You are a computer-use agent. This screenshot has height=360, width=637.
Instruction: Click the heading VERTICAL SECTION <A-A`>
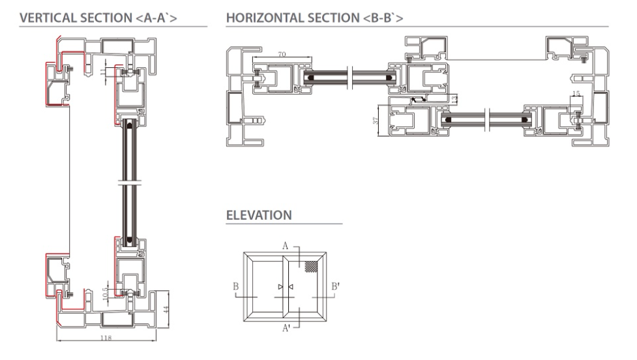(x=98, y=18)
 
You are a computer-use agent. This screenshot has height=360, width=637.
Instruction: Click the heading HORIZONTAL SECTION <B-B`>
(x=315, y=18)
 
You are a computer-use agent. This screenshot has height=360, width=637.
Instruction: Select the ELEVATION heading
(x=259, y=215)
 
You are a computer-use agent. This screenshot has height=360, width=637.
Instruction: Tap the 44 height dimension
(x=166, y=309)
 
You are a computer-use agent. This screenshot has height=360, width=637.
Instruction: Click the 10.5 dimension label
(x=105, y=294)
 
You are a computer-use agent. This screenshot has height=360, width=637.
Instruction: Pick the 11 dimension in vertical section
(x=102, y=72)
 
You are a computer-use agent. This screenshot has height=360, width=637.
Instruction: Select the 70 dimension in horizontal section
(x=282, y=54)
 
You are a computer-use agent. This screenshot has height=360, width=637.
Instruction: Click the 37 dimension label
(x=376, y=120)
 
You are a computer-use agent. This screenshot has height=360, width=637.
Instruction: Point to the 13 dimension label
(x=454, y=98)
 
